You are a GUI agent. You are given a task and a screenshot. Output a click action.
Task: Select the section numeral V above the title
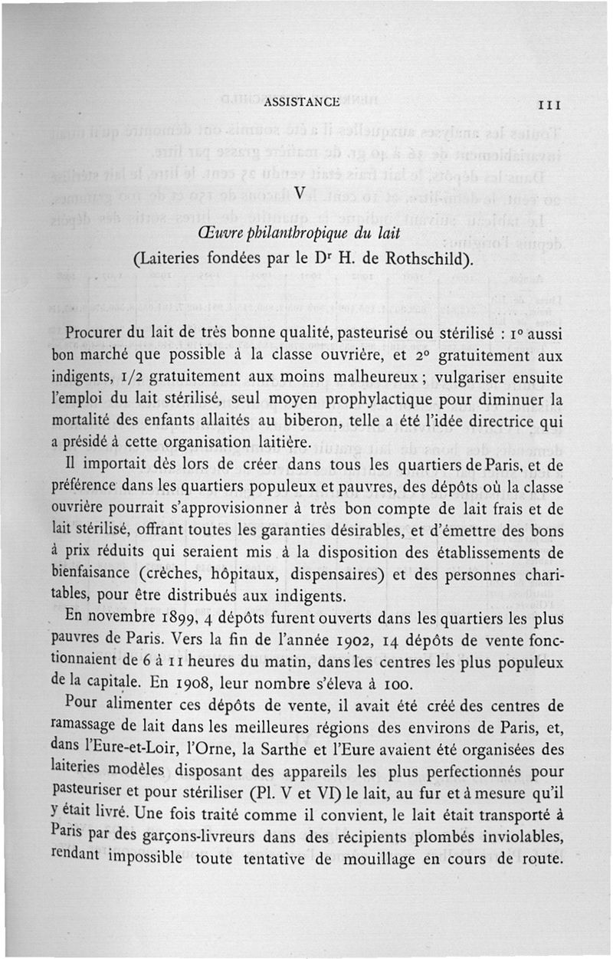click(x=300, y=192)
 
